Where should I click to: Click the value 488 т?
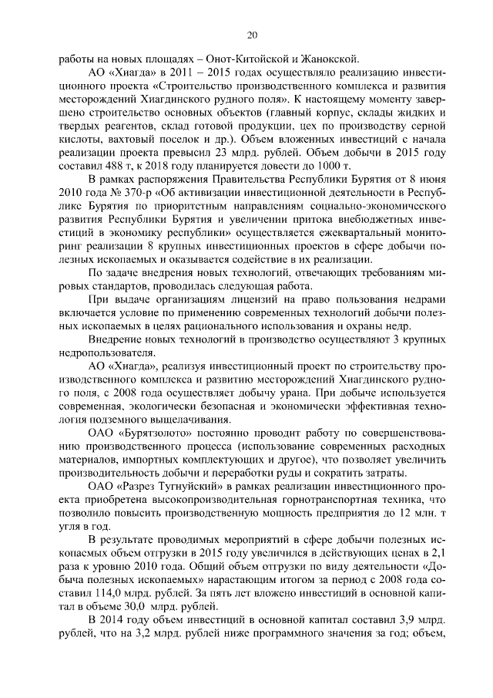[x=134, y=167]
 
